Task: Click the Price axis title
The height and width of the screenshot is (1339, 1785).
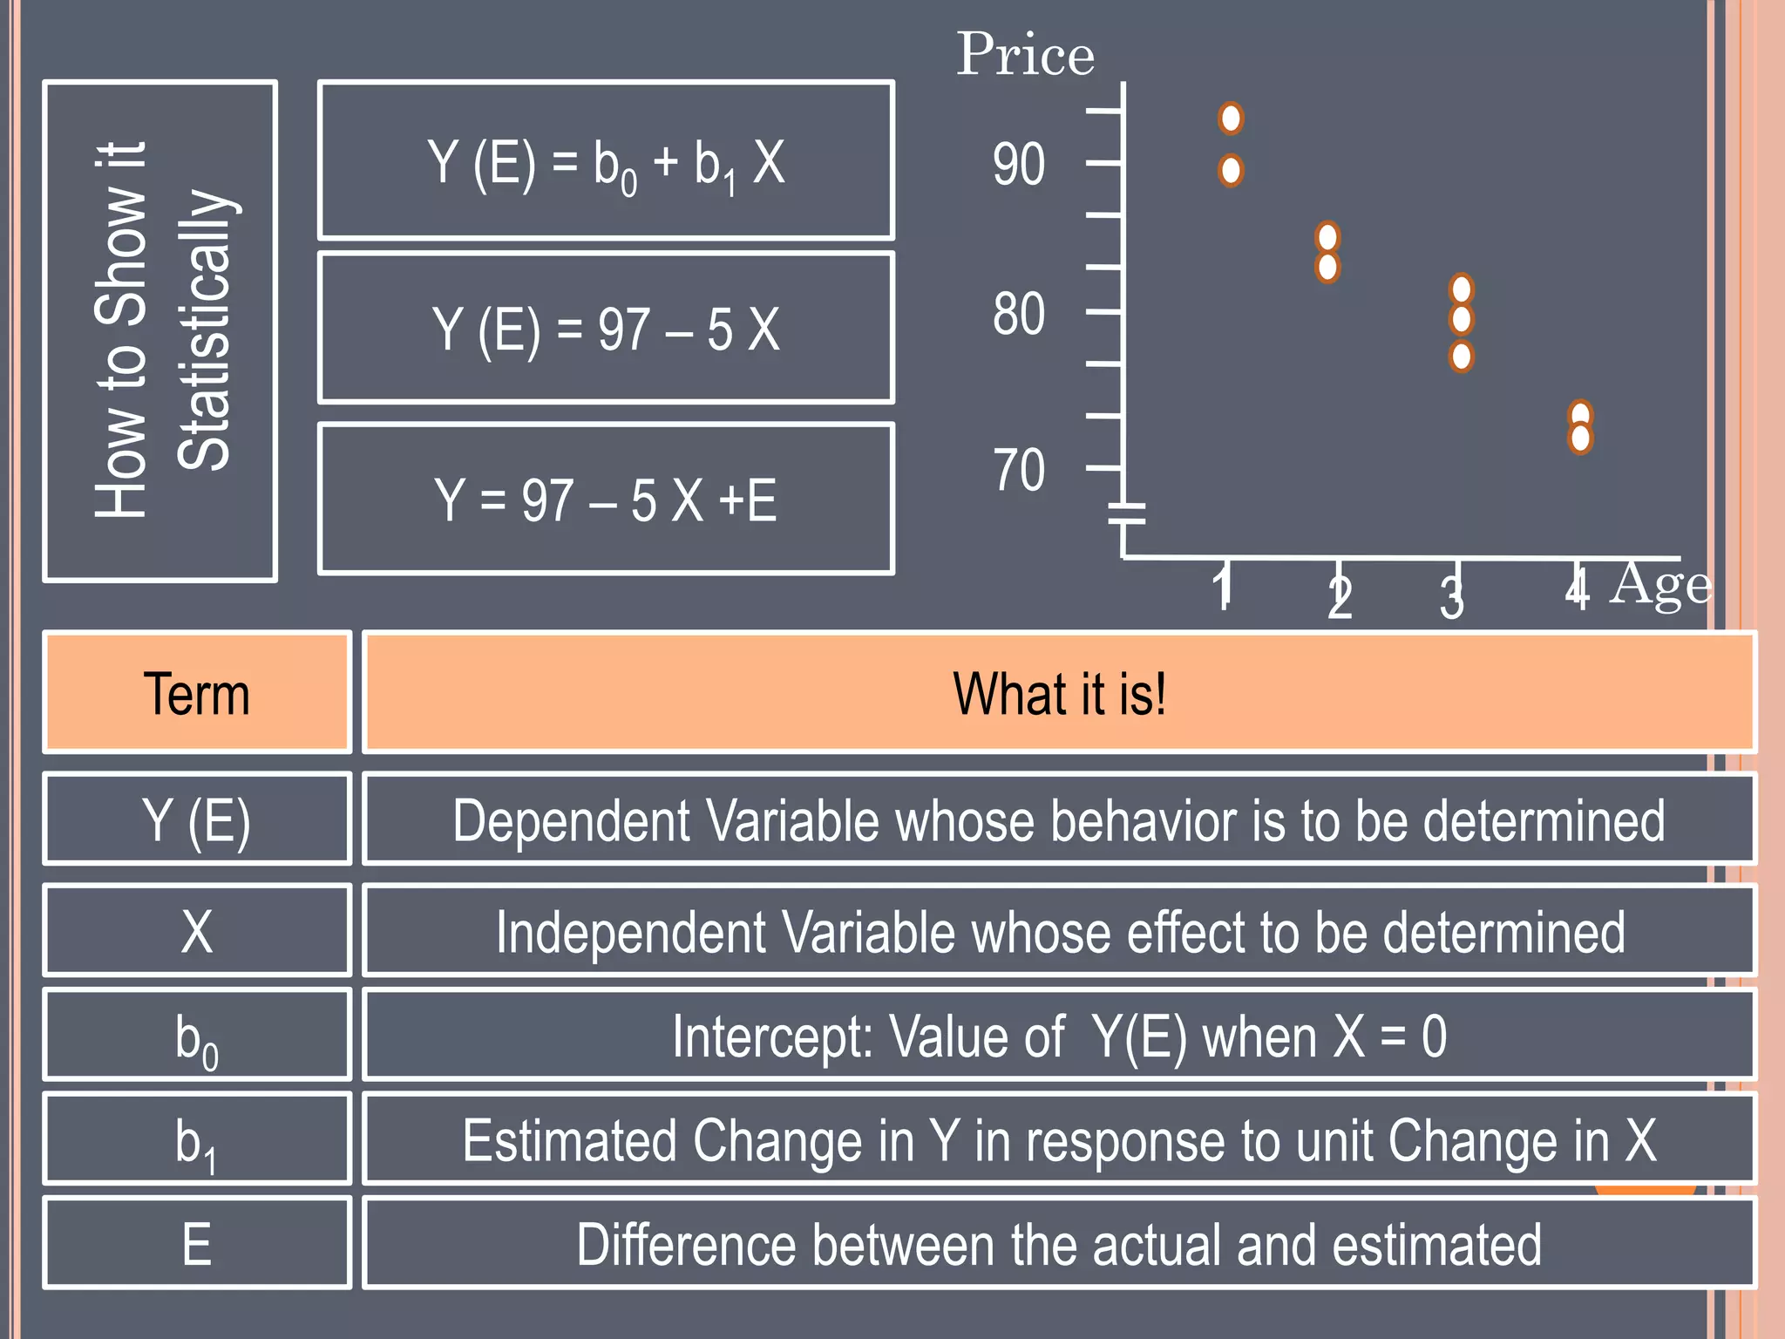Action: pyautogui.click(x=1025, y=54)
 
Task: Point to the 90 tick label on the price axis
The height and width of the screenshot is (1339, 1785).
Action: pyautogui.click(x=1018, y=164)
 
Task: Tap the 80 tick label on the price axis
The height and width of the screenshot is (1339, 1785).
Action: pyautogui.click(x=1018, y=314)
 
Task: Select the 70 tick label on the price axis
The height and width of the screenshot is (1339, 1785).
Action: pyautogui.click(x=1018, y=471)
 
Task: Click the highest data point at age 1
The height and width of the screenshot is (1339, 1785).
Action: pyautogui.click(x=1231, y=118)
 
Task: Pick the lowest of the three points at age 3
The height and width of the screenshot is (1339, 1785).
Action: pyautogui.click(x=1462, y=356)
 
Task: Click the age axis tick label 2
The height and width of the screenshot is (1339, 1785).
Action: pyautogui.click(x=1340, y=598)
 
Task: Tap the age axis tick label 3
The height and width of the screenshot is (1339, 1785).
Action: pyautogui.click(x=1451, y=598)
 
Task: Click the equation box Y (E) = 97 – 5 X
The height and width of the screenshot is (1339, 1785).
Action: pyautogui.click(x=606, y=329)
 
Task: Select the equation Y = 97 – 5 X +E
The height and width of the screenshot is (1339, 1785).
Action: pyautogui.click(x=606, y=500)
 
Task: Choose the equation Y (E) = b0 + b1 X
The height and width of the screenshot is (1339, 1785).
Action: pyautogui.click(x=606, y=161)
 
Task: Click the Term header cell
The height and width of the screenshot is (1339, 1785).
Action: pyautogui.click(x=197, y=693)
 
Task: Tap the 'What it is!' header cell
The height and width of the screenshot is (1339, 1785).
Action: pyautogui.click(x=1059, y=693)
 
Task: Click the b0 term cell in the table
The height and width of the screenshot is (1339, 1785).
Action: pyautogui.click(x=197, y=1036)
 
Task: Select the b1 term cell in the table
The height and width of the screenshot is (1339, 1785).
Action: pyautogui.click(x=197, y=1140)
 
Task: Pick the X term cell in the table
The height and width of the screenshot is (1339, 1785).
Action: pyautogui.click(x=197, y=931)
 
